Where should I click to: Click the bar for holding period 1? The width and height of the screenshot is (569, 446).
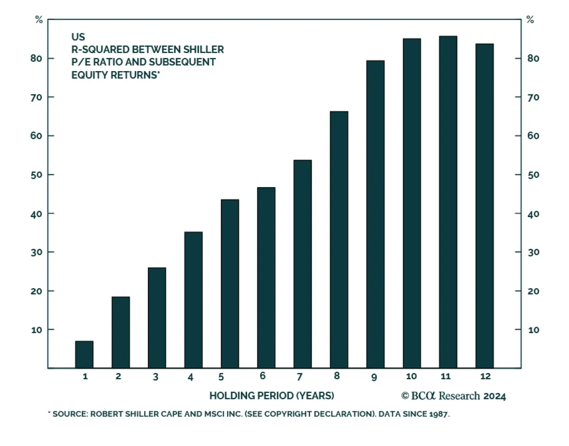(x=84, y=355)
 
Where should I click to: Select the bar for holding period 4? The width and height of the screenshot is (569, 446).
(x=193, y=300)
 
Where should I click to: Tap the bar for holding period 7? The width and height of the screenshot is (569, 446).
(x=303, y=264)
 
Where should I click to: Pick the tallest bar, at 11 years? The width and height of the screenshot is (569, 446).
(x=448, y=202)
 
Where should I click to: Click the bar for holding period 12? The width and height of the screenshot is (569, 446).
(x=484, y=206)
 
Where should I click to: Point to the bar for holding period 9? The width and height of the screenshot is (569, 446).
(x=375, y=214)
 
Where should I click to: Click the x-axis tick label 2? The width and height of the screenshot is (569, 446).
(x=118, y=377)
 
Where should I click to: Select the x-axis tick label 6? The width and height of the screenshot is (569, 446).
(x=263, y=377)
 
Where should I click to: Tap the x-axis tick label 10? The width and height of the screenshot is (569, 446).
(x=411, y=377)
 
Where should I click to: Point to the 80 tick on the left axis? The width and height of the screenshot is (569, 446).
(x=37, y=58)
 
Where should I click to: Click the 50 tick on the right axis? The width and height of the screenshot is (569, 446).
(x=534, y=175)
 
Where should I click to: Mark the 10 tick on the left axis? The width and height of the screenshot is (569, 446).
(x=37, y=329)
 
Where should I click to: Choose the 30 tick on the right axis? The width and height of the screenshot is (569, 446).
(x=534, y=252)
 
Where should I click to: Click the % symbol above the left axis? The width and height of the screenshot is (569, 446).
(x=38, y=20)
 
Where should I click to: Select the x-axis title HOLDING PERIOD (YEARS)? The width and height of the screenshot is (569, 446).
(x=272, y=395)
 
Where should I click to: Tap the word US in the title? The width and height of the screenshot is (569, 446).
(x=78, y=37)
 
